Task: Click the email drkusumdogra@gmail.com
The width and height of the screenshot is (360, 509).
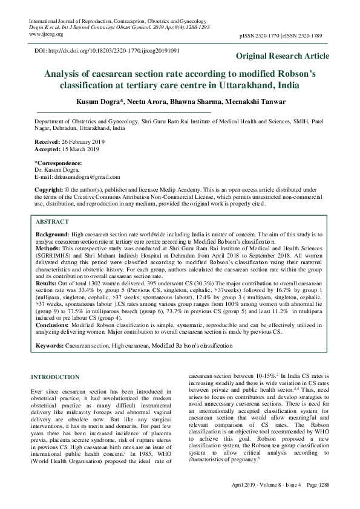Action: (x=86, y=177)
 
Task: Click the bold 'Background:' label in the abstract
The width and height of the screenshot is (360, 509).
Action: (x=52, y=233)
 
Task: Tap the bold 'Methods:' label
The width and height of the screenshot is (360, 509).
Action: (x=48, y=247)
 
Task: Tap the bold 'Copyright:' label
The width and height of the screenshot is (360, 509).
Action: (x=51, y=190)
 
